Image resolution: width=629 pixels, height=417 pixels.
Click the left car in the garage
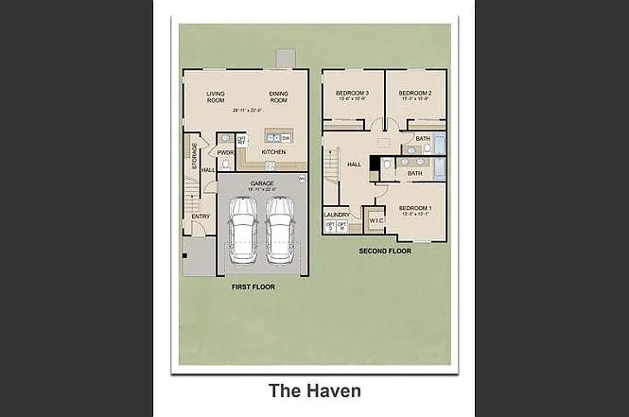coord(243,231)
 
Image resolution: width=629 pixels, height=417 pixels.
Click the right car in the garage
coord(281,231)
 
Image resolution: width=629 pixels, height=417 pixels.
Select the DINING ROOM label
coord(279,96)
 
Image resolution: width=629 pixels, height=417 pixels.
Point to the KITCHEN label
coord(273,151)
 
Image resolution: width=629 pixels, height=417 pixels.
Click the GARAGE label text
coord(262,182)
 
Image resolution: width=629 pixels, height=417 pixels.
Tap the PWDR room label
coord(225,151)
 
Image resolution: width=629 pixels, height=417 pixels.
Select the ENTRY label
coord(201,217)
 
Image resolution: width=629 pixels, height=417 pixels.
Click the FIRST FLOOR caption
coord(253,286)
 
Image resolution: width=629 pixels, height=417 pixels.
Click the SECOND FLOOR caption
coord(385,252)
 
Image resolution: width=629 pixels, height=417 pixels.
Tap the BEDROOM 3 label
coord(351,93)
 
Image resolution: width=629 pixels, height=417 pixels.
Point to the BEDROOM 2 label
coord(415,93)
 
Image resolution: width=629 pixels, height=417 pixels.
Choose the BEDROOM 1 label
coord(415,208)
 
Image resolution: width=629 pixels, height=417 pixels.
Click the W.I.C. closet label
coord(376,221)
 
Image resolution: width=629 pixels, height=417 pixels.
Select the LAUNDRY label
coord(337,215)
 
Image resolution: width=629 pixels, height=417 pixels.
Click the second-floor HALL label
coord(355,165)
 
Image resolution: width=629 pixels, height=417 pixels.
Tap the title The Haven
coord(314,390)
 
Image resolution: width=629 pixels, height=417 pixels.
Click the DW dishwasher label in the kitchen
coord(285,138)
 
